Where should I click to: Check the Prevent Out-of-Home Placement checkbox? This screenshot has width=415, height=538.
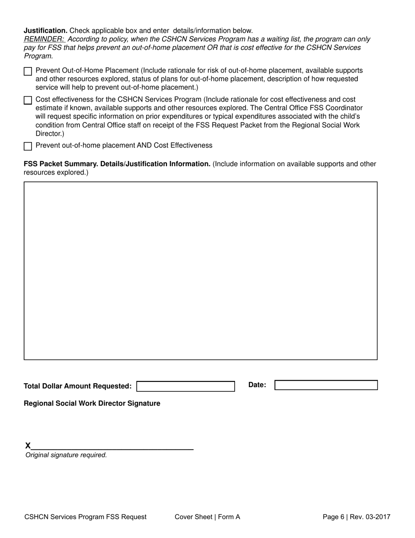click(28, 71)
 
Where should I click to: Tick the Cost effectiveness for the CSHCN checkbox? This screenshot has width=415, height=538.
click(28, 100)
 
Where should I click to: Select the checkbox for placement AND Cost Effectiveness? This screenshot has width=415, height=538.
click(28, 146)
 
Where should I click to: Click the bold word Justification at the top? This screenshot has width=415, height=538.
click(45, 31)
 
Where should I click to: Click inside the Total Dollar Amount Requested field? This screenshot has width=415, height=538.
click(186, 386)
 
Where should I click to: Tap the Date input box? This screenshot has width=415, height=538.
click(325, 385)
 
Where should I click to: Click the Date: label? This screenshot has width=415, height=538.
click(257, 385)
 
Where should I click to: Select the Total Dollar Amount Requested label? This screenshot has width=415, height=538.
click(77, 386)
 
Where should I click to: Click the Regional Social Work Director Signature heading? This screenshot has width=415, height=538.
click(92, 403)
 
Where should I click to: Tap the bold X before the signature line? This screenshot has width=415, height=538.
click(28, 446)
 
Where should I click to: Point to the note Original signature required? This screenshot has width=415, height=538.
click(66, 455)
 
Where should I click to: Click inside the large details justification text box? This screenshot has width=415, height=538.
click(201, 271)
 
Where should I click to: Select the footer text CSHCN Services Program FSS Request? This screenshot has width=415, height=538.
click(86, 517)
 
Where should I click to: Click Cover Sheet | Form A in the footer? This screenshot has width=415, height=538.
click(207, 517)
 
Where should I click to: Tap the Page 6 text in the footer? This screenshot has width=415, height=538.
click(333, 517)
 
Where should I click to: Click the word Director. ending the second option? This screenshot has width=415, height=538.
click(49, 134)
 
